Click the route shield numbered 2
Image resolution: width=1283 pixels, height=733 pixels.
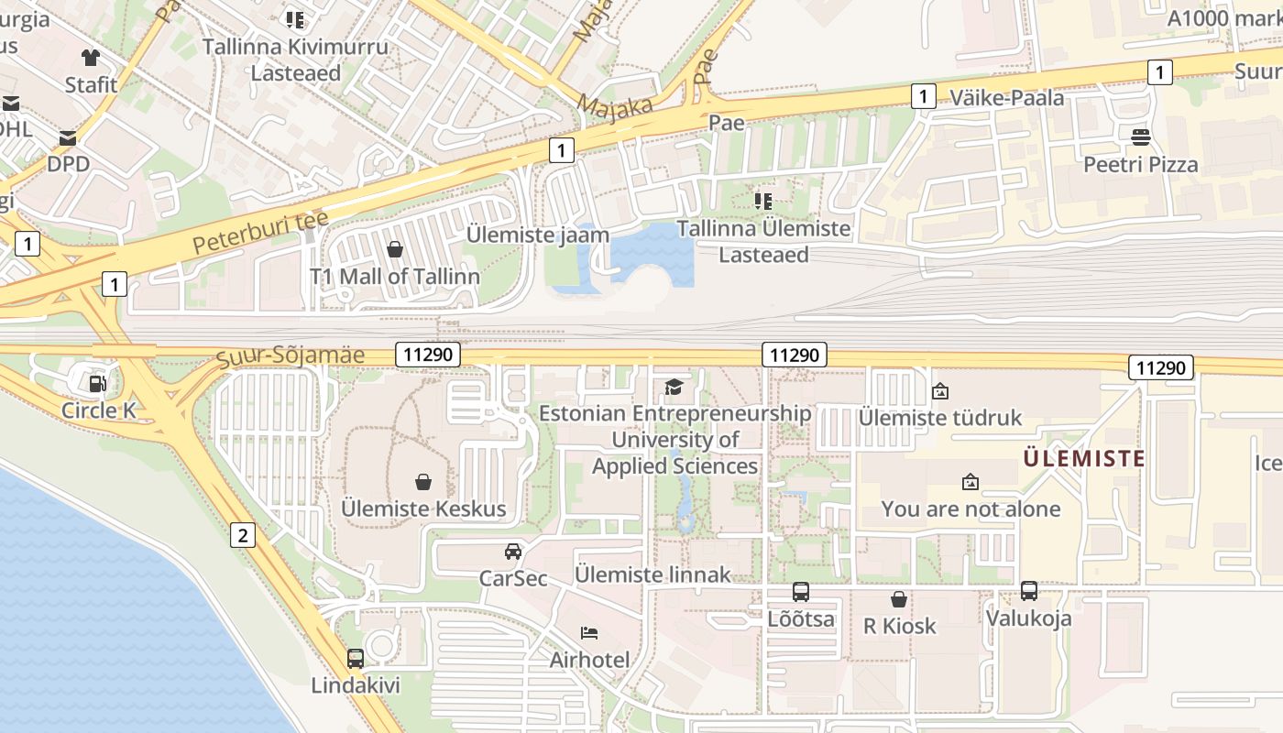[242, 535]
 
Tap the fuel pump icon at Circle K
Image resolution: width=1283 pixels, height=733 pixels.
[96, 382]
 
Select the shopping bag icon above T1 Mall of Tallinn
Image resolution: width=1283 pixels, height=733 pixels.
[395, 249]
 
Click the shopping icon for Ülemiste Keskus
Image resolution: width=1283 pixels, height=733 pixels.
[423, 481]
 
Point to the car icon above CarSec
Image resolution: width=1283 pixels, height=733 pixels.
[513, 551]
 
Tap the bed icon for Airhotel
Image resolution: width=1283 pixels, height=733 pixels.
[589, 632]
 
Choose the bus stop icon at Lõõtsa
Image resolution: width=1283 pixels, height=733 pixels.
[801, 591]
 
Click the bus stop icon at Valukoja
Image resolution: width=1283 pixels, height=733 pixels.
[1029, 590]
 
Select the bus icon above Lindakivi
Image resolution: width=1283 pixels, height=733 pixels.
[356, 658]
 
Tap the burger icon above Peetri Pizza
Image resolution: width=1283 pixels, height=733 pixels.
[1141, 137]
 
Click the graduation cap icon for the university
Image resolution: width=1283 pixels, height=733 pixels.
[674, 386]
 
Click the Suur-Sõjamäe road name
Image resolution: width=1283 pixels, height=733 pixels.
[291, 356]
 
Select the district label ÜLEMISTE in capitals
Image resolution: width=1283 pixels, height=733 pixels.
[1084, 458]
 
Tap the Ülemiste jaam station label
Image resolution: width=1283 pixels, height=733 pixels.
[538, 235]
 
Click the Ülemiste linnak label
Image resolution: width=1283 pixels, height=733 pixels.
[652, 574]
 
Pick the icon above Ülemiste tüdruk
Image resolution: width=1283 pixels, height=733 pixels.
[939, 391]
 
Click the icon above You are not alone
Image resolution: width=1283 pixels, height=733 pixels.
[970, 481]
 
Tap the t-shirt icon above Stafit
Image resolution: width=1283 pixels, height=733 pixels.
[90, 58]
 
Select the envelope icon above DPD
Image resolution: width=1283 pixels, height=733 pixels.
[68, 137]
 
